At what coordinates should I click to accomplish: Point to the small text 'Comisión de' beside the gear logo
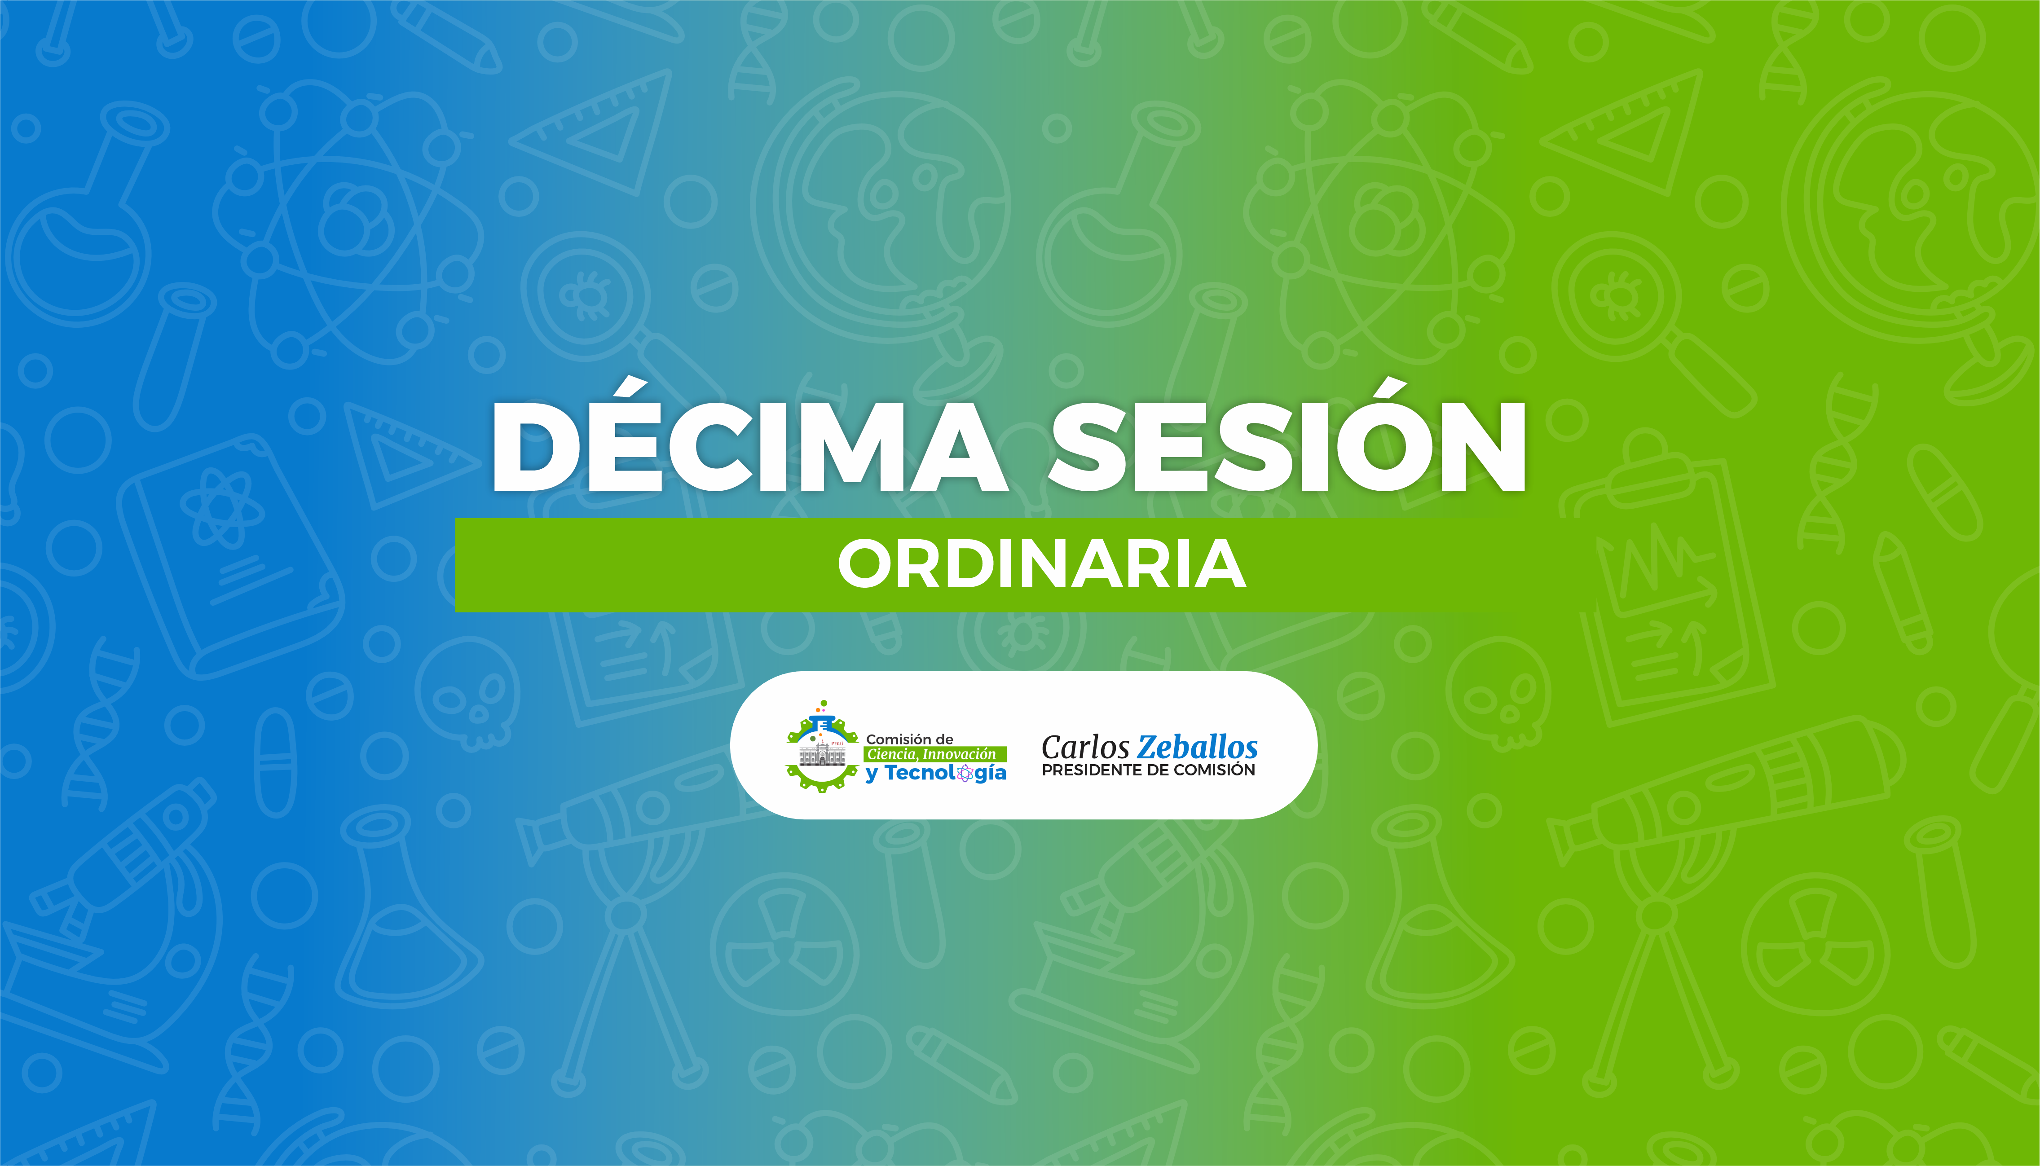coord(909,739)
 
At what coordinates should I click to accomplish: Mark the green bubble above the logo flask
coord(824,703)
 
